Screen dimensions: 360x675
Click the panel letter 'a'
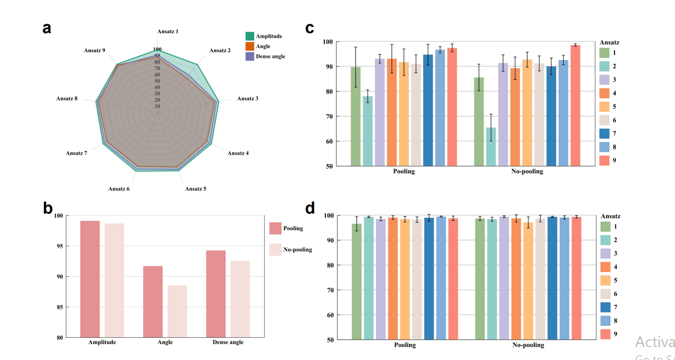[x=47, y=28]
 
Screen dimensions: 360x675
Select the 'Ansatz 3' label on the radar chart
[x=248, y=98]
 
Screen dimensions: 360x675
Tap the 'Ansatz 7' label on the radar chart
[x=77, y=153]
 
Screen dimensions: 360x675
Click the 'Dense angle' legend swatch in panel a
[x=250, y=56]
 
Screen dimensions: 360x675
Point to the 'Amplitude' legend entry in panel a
[x=268, y=36]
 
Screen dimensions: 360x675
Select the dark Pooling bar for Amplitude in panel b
[x=90, y=279]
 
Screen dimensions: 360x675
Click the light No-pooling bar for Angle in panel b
[x=177, y=311]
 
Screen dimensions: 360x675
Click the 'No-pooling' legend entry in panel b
[x=297, y=250]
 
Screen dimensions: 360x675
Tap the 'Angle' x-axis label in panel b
[x=165, y=342]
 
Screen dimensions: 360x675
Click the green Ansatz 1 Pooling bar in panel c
[x=356, y=116]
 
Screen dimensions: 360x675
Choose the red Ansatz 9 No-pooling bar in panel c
[x=575, y=106]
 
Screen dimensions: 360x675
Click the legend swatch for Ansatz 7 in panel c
[x=605, y=133]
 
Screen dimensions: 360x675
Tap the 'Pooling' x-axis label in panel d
[x=404, y=345]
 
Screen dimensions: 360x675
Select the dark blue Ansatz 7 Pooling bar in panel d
[x=428, y=279]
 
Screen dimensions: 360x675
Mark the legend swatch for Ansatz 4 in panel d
[x=605, y=267]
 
